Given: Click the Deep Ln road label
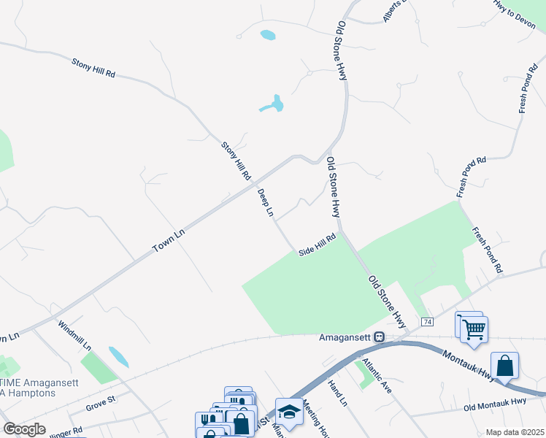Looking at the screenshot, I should click(x=265, y=203).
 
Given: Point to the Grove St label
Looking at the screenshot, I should click(x=101, y=401).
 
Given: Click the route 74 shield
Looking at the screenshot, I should click(x=428, y=322).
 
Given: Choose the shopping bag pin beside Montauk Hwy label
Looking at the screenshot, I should click(x=504, y=366).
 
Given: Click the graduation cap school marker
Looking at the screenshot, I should click(x=289, y=412).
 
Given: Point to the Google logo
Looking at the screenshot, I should click(x=24, y=429).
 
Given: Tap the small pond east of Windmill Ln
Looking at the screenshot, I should click(x=118, y=357).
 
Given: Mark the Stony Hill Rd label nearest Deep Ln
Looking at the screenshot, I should click(x=236, y=161).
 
